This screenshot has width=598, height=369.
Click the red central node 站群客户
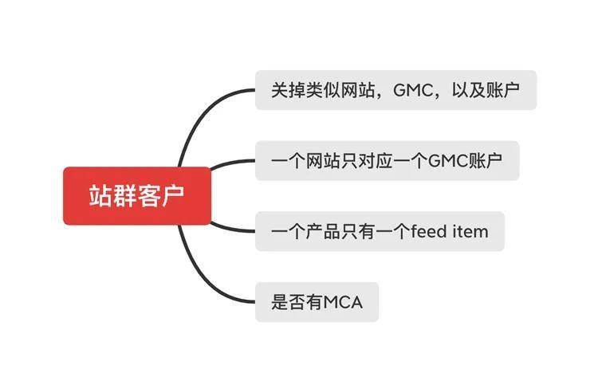click(x=137, y=195)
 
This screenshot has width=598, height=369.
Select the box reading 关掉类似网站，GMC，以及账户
click(x=395, y=90)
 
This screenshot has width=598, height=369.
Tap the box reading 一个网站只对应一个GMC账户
click(x=387, y=160)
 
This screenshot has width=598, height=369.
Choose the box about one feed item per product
click(x=380, y=231)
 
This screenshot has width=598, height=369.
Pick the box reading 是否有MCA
click(x=317, y=302)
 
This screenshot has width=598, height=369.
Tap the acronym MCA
click(x=343, y=302)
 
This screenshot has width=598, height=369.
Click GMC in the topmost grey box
click(x=413, y=90)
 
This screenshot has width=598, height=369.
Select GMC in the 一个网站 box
click(x=448, y=161)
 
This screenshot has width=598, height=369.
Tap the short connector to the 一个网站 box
click(x=232, y=163)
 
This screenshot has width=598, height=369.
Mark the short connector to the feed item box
click(x=232, y=229)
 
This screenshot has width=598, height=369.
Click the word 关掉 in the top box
click(x=289, y=90)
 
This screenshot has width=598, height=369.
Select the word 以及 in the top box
click(x=469, y=90)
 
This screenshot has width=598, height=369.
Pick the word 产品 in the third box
click(x=324, y=231)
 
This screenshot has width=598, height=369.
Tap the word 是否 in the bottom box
click(x=289, y=302)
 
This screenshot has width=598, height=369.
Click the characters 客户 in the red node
click(x=161, y=196)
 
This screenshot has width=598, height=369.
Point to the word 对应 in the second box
click(x=376, y=161)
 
